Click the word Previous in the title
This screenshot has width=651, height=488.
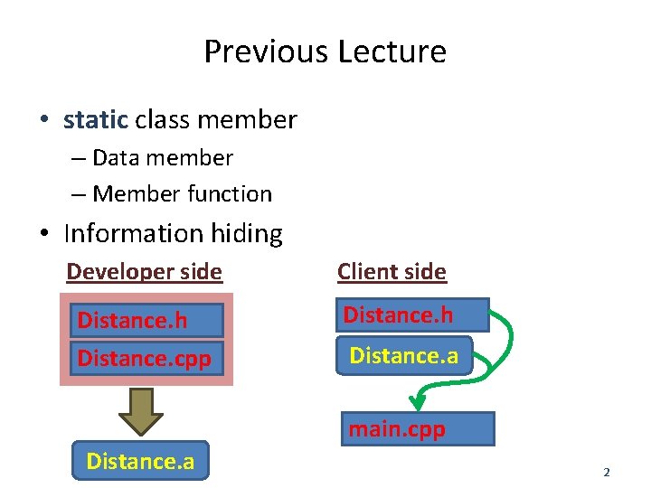click(266, 52)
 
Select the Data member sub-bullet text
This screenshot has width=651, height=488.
click(162, 158)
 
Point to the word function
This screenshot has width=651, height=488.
click(230, 193)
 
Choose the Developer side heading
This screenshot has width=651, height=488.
click(144, 272)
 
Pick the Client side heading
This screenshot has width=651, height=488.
click(392, 272)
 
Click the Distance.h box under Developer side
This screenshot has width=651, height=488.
click(146, 321)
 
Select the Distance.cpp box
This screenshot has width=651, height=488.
click(146, 358)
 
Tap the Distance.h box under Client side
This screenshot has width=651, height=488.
click(411, 315)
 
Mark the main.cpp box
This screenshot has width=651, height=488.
click(418, 429)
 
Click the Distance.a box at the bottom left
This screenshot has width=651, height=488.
click(140, 461)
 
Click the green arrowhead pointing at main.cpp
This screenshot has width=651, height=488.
click(417, 399)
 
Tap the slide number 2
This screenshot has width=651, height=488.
click(607, 472)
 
